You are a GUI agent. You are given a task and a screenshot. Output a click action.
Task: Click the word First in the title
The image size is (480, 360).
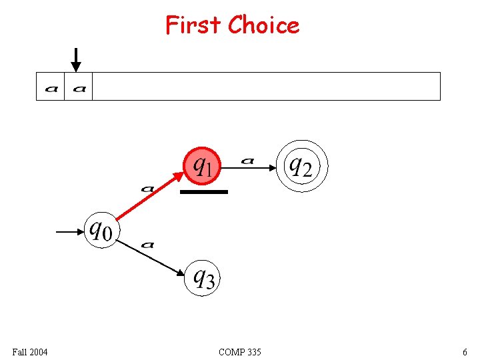(x=193, y=25)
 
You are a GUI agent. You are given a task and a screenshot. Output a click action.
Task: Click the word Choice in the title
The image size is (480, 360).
(x=263, y=25)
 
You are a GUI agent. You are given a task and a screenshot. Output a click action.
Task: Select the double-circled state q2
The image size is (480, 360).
(x=299, y=165)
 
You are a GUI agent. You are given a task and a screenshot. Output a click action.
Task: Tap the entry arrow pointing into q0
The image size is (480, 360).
(x=70, y=232)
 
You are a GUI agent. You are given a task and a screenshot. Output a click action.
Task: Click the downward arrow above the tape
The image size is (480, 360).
(x=77, y=60)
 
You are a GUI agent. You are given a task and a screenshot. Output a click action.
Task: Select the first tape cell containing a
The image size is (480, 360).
(x=51, y=87)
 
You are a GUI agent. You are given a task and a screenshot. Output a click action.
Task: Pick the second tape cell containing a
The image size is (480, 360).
(x=79, y=87)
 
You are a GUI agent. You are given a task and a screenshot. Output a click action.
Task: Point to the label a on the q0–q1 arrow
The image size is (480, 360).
(x=148, y=189)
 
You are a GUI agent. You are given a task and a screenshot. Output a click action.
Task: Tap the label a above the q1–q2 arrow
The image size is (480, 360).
(x=247, y=160)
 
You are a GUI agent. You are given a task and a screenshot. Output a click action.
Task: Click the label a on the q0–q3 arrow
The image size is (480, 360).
(x=148, y=245)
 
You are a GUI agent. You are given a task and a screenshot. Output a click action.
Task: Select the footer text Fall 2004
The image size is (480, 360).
(x=30, y=351)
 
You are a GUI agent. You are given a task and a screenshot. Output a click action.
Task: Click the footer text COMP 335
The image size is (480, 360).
(x=240, y=351)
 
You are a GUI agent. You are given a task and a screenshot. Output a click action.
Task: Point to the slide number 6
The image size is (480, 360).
(x=464, y=351)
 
